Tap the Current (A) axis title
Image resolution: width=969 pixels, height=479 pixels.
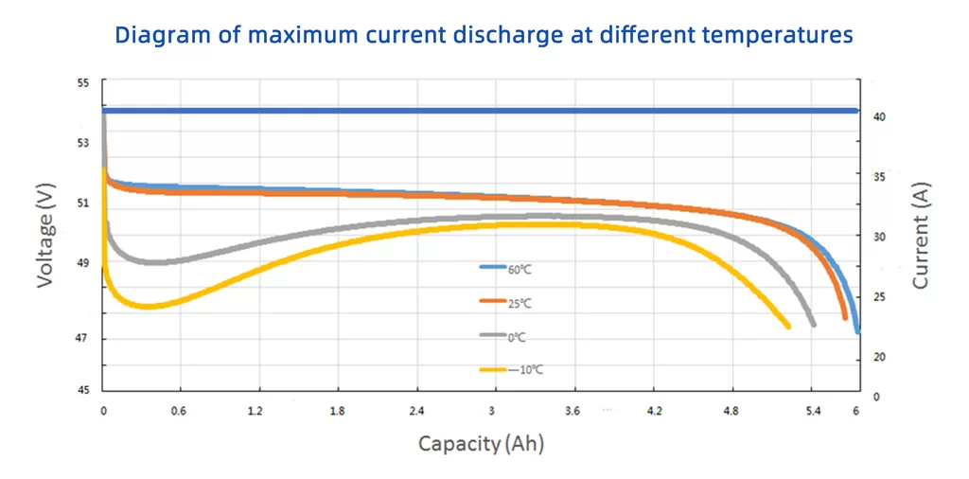pyautogui.click(x=920, y=236)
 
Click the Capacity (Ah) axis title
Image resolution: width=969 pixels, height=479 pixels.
pyautogui.click(x=481, y=443)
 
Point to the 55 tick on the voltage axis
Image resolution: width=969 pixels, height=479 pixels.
pyautogui.click(x=83, y=83)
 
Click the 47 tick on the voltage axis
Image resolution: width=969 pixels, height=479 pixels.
pyautogui.click(x=83, y=338)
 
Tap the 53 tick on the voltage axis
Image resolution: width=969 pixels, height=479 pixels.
pyautogui.click(x=83, y=143)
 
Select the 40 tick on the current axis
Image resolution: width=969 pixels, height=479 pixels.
pyautogui.click(x=878, y=116)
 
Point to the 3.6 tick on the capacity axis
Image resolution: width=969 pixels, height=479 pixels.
pyautogui.click(x=572, y=412)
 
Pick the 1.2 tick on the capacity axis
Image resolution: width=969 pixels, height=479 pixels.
pyautogui.click(x=255, y=412)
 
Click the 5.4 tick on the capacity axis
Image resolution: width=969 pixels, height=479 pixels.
pyautogui.click(x=811, y=412)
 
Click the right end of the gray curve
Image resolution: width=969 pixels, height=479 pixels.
pyautogui.click(x=813, y=325)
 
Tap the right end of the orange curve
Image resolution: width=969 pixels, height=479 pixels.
pyautogui.click(x=845, y=318)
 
